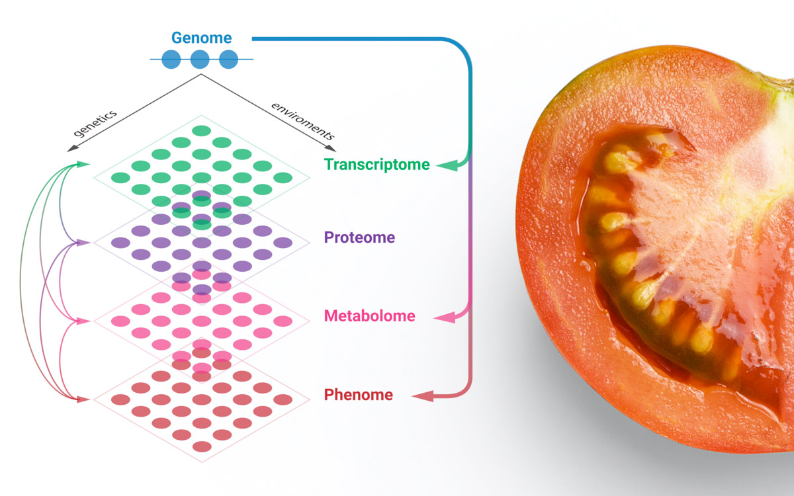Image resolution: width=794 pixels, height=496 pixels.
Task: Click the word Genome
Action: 201,38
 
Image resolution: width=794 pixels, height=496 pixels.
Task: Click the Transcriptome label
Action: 376,165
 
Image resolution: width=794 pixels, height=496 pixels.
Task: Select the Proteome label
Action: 359,237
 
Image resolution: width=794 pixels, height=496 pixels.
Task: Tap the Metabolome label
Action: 369,316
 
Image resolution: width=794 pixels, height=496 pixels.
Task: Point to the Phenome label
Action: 359,395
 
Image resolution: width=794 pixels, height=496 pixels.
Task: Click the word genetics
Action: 95,123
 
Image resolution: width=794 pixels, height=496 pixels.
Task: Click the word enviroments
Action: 303,121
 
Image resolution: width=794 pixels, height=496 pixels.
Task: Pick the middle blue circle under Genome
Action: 200,59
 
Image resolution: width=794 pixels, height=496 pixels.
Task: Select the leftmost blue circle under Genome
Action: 171,59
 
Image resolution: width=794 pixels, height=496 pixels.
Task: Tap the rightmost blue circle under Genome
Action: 229,59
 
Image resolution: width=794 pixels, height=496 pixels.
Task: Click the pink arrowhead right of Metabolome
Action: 445,317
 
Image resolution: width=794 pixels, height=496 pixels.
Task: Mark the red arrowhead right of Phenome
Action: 423,396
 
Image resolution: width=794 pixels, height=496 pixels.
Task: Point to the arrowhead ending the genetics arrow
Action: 72,148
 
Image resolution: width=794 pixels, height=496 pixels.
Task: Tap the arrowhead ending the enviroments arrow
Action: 330,148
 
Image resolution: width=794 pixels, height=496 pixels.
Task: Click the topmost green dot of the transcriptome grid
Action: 202,131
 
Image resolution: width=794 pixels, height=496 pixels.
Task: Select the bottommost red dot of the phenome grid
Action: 202,446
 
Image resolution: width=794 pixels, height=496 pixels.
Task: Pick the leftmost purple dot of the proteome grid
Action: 120,243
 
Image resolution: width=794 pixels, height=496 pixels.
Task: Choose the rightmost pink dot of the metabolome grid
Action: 283,321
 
